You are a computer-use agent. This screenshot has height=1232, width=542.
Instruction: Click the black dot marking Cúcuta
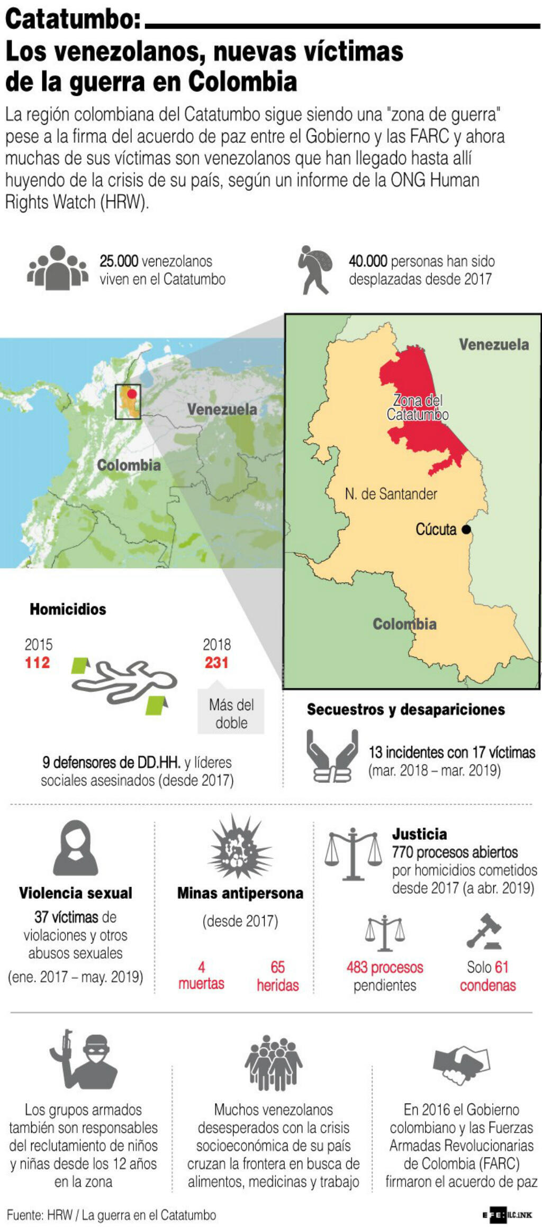(466, 529)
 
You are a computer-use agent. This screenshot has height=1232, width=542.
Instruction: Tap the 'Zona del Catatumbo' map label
(418, 407)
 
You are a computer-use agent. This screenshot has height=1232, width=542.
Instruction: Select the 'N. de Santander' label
(391, 494)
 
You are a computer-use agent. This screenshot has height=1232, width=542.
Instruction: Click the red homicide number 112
(37, 662)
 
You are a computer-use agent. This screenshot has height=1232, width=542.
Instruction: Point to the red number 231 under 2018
(216, 662)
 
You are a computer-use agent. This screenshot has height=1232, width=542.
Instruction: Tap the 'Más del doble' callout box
(231, 713)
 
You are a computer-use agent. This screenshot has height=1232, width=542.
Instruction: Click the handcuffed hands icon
(332, 756)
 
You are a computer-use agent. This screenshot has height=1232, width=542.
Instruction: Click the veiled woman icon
(75, 848)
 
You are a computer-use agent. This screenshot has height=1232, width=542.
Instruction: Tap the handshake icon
(461, 1064)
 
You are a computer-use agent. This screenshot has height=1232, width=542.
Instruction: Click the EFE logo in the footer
(495, 1215)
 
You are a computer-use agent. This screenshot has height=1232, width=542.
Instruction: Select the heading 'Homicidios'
(68, 609)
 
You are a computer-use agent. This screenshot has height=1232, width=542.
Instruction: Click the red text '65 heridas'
(278, 976)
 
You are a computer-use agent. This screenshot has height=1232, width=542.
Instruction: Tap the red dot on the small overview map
(132, 393)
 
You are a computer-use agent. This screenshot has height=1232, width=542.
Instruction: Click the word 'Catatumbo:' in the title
(73, 20)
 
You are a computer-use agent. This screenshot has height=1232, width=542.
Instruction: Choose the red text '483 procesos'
(385, 967)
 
